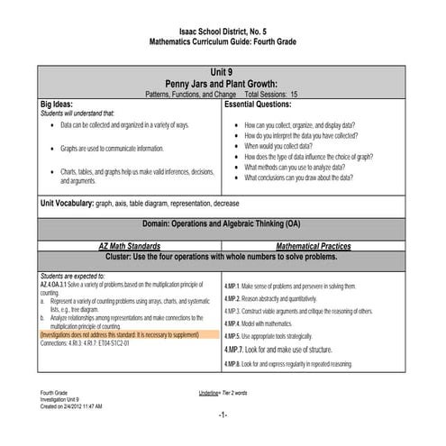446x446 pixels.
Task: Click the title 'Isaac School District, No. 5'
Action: click(222, 32)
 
